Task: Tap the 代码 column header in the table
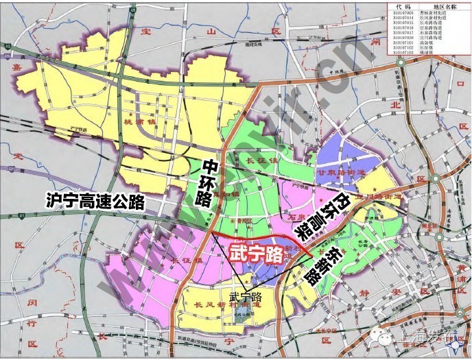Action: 409,6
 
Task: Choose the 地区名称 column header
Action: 447,6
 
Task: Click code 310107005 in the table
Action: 409,13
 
